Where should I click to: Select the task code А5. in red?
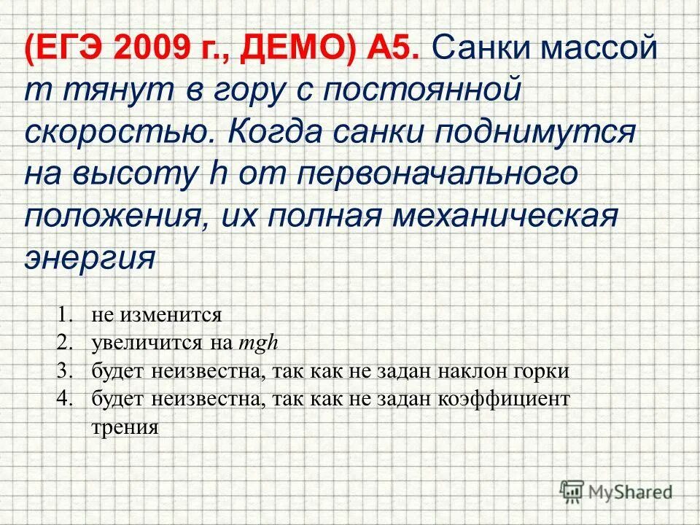click(394, 51)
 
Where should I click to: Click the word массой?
click(599, 51)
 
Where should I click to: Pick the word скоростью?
click(117, 134)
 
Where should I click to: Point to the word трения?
click(125, 427)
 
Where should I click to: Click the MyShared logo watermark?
click(616, 490)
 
